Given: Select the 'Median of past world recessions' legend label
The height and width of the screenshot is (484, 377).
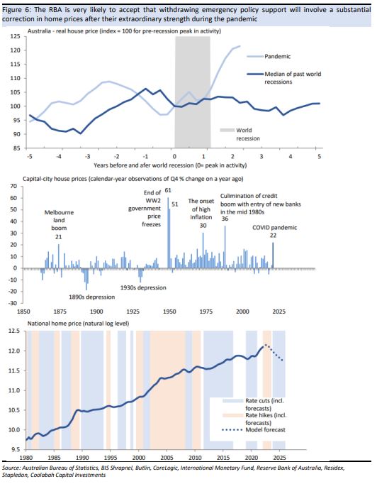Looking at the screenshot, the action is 293,78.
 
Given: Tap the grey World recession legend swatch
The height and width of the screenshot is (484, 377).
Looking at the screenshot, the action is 227,131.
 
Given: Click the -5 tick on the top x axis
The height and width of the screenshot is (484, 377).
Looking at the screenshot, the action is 30,157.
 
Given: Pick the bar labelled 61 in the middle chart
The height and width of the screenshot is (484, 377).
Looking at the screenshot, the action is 168,233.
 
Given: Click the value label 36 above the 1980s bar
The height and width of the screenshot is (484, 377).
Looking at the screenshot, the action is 225,219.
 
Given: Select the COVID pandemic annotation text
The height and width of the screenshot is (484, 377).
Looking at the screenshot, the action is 275,228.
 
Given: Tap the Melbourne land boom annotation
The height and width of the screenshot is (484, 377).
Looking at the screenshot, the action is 59,220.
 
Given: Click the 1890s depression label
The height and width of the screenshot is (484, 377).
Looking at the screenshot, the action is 91,297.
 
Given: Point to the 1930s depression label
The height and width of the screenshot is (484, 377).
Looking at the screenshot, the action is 143,287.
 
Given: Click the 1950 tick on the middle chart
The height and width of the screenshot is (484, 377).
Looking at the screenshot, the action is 169,312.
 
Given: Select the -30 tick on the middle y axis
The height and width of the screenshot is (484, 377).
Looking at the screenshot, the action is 13,303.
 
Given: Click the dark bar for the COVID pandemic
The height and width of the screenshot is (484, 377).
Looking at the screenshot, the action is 273,255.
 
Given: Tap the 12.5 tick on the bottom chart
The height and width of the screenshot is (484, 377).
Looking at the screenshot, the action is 13,331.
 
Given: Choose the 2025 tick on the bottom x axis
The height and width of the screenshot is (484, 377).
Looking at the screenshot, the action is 279,457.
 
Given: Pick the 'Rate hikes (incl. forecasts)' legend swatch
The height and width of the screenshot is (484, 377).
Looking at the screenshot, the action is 232,415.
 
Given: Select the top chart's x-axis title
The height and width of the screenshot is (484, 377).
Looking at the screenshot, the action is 170,165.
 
